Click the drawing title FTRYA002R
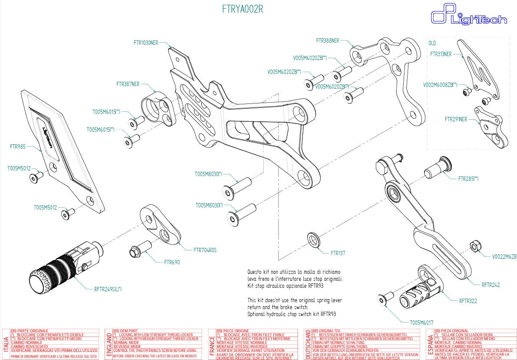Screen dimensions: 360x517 coord(242,9)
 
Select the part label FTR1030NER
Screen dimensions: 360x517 coord(146,43)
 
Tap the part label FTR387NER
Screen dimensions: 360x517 coord(128,83)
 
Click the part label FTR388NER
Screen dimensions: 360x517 coord(328,40)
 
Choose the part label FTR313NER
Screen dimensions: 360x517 coord(441,54)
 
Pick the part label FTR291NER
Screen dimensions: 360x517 coord(456,119)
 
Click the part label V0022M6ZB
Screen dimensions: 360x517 coord(504,257)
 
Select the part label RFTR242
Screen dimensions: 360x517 coord(490,285)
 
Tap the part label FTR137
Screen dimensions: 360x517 coord(338,253)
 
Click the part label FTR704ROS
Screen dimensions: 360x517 coord(205,250)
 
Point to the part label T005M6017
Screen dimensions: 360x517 coord(421,323)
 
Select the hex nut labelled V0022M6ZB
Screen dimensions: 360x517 coord(475,246)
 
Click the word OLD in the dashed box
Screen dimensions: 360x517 coord(432,43)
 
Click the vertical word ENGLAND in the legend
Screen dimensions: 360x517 coord(109,343)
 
